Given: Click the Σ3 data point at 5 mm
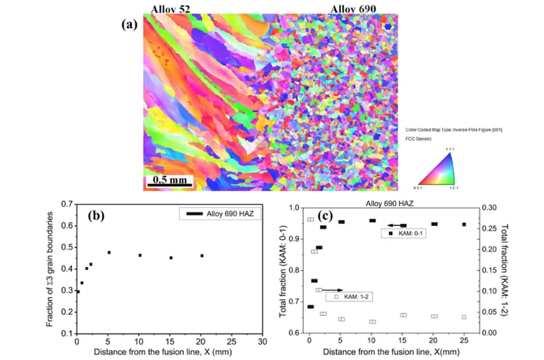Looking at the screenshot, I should click(x=109, y=252).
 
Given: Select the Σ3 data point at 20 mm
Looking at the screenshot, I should click(x=202, y=256).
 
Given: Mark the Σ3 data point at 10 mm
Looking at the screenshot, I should click(x=140, y=255).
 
